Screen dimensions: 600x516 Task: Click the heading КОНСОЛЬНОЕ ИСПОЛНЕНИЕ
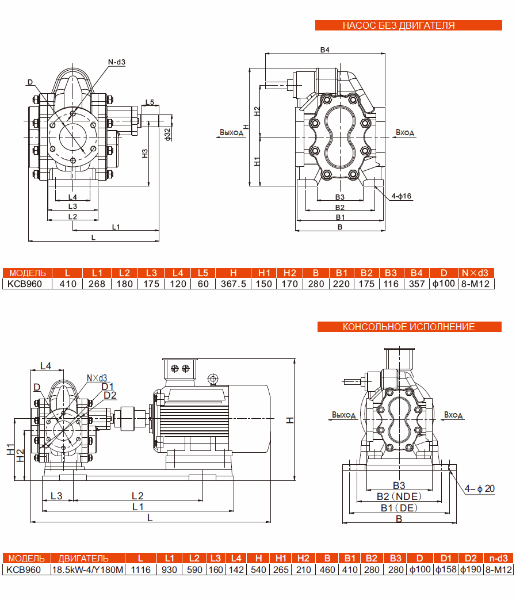[408, 327]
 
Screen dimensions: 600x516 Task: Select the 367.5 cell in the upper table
[234, 284]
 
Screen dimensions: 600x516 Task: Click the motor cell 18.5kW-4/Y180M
[87, 570]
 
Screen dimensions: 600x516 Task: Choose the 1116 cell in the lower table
[140, 570]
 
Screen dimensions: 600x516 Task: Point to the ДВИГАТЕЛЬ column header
[87, 559]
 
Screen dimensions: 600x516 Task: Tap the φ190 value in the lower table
[471, 570]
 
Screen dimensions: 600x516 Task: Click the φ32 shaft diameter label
[167, 133]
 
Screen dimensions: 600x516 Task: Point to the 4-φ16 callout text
[401, 196]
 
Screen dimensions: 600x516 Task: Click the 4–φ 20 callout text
[480, 488]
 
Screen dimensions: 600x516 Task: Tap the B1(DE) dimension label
[399, 508]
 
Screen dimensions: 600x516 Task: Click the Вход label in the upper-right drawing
[405, 133]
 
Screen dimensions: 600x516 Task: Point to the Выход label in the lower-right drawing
[343, 415]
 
